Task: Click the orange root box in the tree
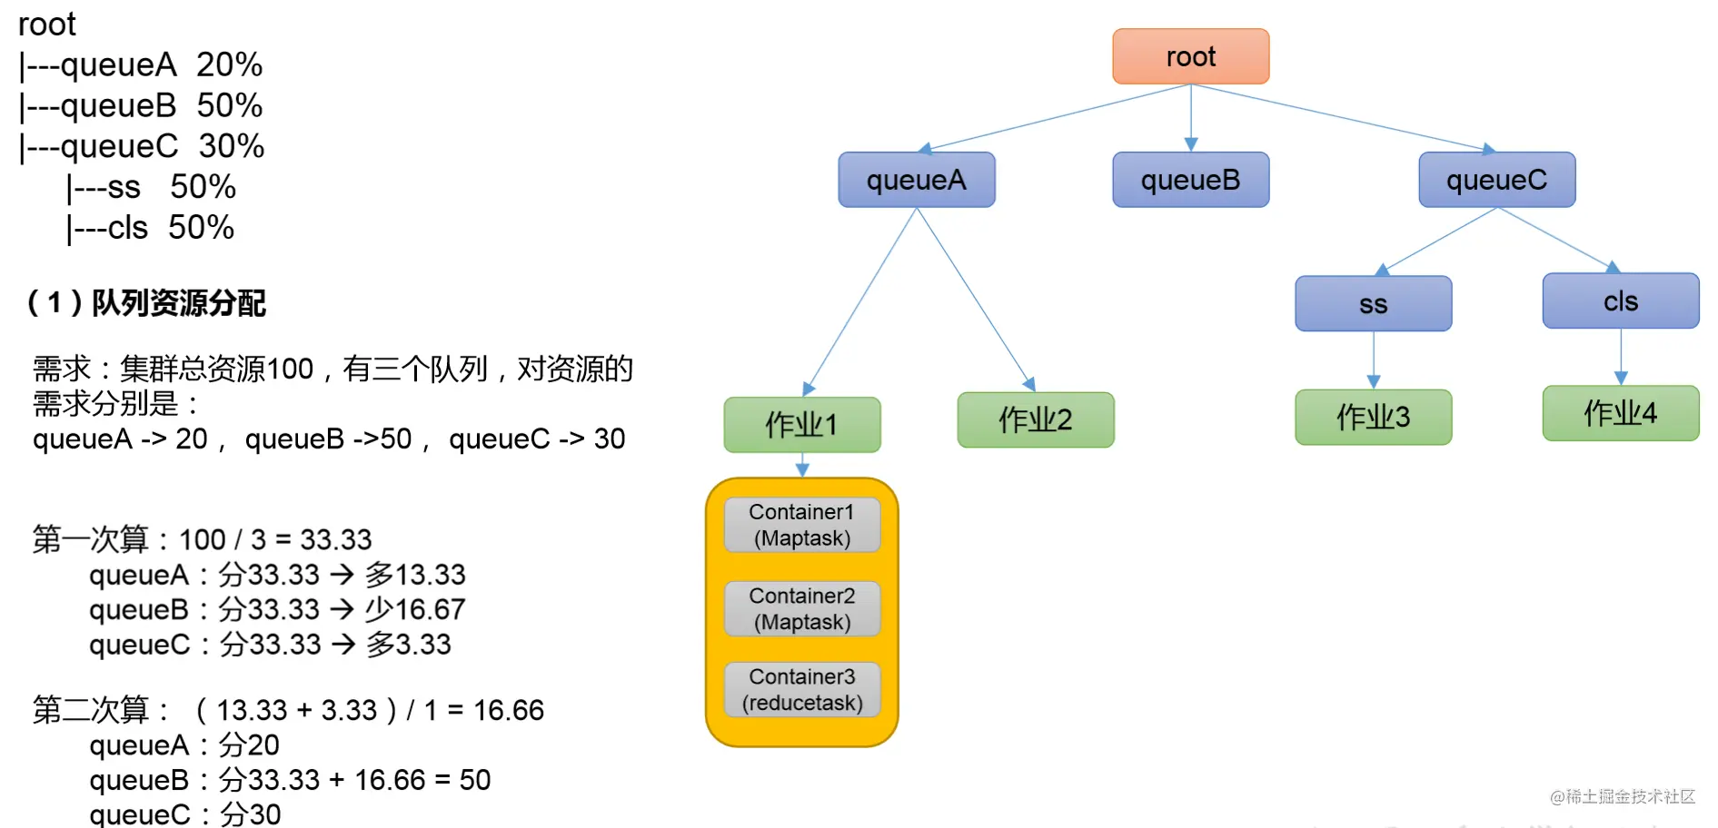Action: [x=1190, y=56]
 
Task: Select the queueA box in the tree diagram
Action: [x=917, y=180]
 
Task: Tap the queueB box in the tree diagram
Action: [x=1190, y=180]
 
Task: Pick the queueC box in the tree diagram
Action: [x=1497, y=180]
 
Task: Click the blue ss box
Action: [x=1374, y=303]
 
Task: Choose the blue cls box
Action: [x=1621, y=301]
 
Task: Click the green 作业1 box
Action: [x=802, y=424]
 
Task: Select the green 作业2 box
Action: [x=1036, y=419]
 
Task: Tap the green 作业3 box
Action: [x=1374, y=417]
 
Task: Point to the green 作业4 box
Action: [x=1621, y=413]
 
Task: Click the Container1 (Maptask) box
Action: [x=802, y=525]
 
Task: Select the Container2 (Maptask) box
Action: [x=802, y=608]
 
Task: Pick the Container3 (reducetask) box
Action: [x=802, y=689]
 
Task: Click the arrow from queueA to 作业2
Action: [x=976, y=300]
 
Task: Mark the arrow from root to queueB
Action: [x=1191, y=118]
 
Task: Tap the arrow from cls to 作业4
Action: [x=1621, y=357]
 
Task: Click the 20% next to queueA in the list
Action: [x=229, y=64]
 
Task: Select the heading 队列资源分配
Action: [x=179, y=302]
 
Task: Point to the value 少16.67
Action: [x=415, y=609]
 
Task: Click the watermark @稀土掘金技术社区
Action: [x=1623, y=796]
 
